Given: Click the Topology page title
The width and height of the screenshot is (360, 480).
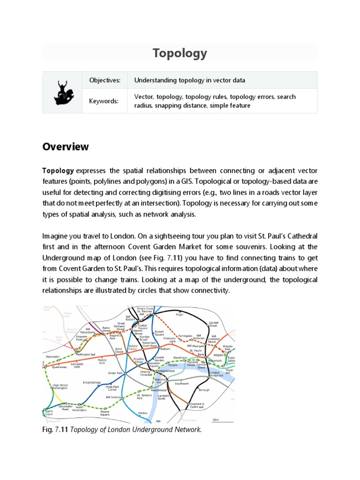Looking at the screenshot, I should pyautogui.click(x=180, y=53).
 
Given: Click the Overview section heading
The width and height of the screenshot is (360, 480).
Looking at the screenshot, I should pyautogui.click(x=66, y=147).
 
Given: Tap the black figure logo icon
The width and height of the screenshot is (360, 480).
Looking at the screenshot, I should pyautogui.click(x=62, y=92).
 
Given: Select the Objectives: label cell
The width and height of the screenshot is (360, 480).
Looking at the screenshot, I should pyautogui.click(x=105, y=81).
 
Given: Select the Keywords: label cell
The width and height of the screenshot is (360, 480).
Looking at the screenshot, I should pyautogui.click(x=104, y=101).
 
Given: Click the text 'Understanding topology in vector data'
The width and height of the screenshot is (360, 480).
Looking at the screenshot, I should pyautogui.click(x=189, y=81).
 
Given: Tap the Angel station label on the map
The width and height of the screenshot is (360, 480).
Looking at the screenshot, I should pyautogui.click(x=179, y=315).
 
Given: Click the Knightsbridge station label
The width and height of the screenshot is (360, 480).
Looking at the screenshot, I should pyautogui.click(x=92, y=382).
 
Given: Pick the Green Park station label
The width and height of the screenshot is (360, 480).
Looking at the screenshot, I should pyautogui.click(x=115, y=373).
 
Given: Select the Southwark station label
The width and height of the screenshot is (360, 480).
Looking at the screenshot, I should pyautogui.click(x=181, y=383).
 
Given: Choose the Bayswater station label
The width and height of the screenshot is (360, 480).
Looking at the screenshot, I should pyautogui.click(x=52, y=357).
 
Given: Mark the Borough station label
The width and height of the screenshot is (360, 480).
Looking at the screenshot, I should pyautogui.click(x=204, y=390).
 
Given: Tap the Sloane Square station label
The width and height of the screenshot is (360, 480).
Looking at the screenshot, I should pyautogui.click(x=105, y=413).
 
